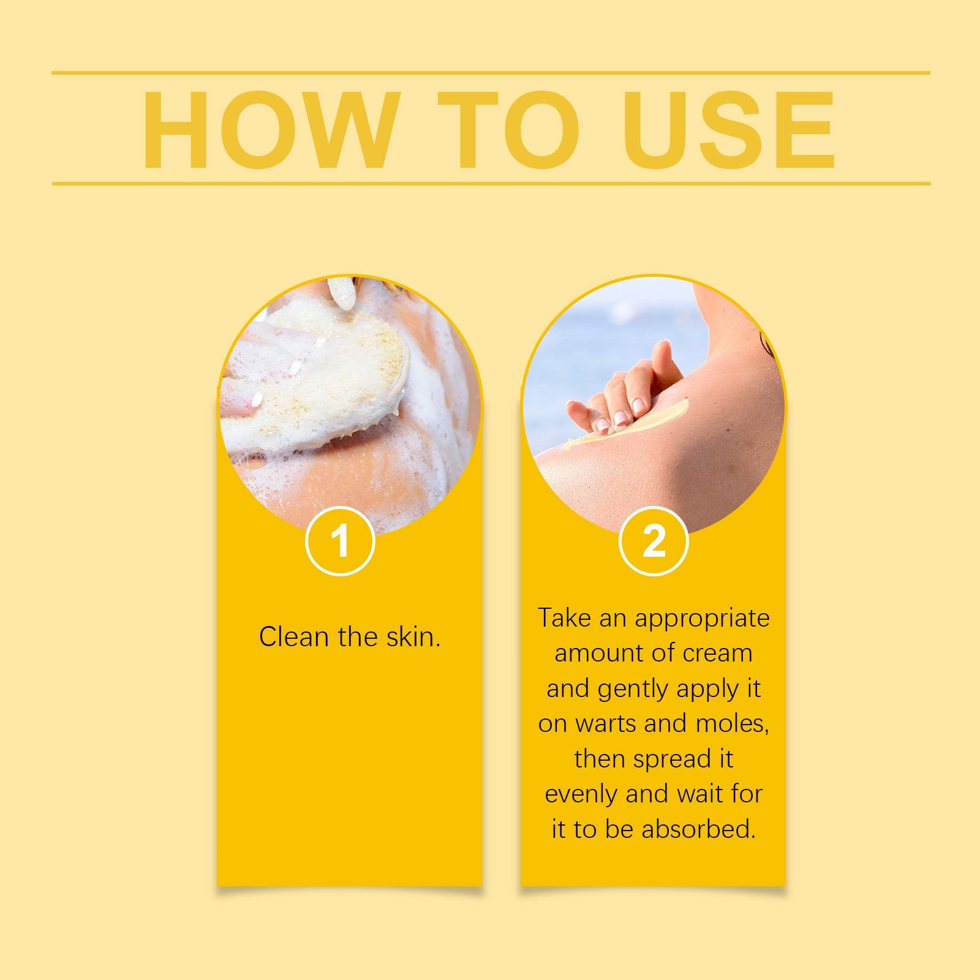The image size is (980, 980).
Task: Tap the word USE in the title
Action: [729, 129]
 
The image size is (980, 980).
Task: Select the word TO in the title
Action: [508, 129]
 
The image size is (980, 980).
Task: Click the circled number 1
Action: [340, 541]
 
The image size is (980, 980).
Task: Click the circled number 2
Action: [654, 541]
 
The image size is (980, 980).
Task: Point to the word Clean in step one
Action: [294, 637]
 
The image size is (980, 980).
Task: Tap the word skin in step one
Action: [413, 637]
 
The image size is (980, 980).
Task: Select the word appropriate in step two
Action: [702, 619]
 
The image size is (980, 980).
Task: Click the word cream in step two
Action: [718, 653]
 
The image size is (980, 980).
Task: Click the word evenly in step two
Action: [581, 794]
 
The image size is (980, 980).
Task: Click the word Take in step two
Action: [565, 618]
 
